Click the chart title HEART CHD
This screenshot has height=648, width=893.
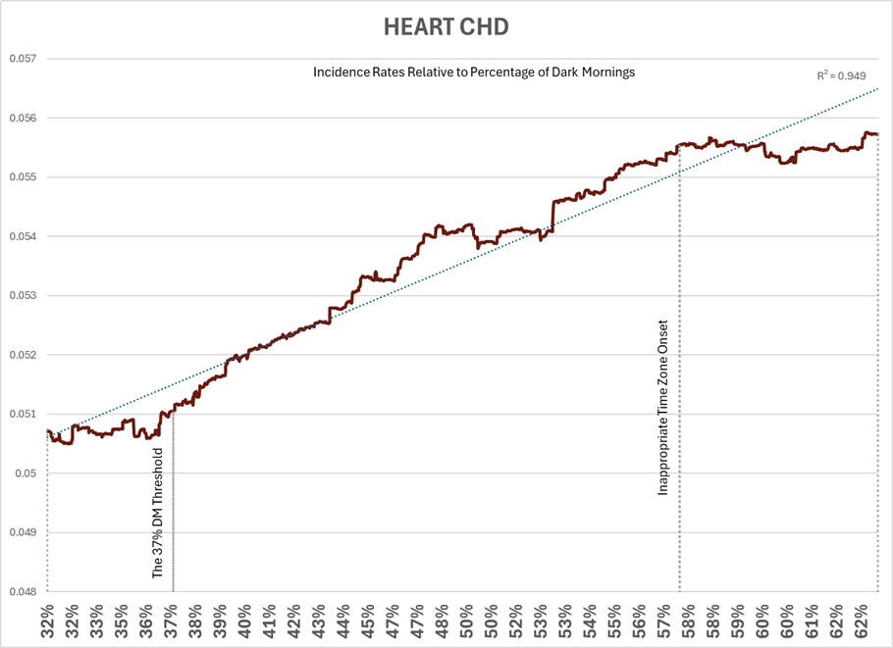click(x=446, y=27)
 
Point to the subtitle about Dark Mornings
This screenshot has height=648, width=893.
click(x=474, y=73)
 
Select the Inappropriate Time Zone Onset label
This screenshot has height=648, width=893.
click(x=664, y=407)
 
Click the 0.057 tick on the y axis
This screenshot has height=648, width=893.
click(x=22, y=59)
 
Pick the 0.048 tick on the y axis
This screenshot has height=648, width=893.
click(x=22, y=592)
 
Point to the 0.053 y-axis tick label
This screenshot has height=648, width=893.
click(x=22, y=296)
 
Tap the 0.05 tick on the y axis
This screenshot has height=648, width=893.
click(x=26, y=474)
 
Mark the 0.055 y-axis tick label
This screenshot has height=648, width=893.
click(x=22, y=177)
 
